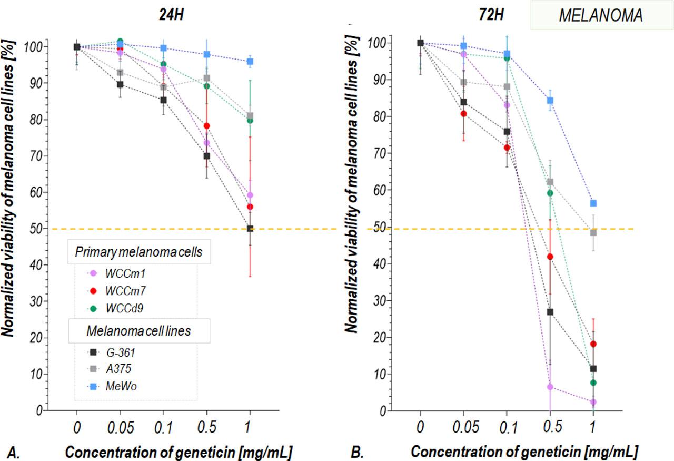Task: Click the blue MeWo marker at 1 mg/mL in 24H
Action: coord(250,61)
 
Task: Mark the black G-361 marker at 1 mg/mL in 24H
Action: coord(250,229)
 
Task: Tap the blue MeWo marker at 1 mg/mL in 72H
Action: coord(593,203)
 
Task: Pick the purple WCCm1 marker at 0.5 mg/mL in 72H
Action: coord(550,387)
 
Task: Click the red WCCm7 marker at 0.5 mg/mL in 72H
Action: coord(550,257)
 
